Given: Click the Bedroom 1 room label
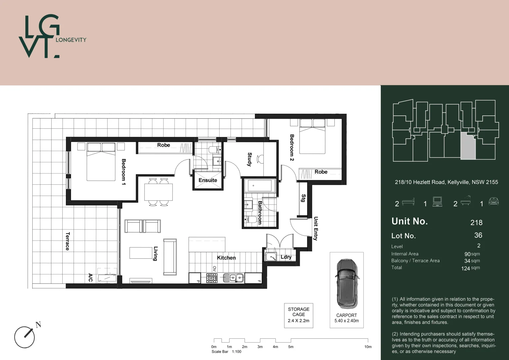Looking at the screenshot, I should click(x=124, y=172).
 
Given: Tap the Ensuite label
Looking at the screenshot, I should click(x=208, y=180).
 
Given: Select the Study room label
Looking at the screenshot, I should click(x=250, y=159).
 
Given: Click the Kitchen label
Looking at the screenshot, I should click(x=226, y=258).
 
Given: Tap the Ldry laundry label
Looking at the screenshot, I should click(x=286, y=257).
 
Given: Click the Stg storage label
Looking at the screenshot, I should click(x=303, y=198).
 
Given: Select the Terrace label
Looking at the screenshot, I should click(x=68, y=241).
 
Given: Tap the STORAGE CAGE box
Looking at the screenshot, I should click(x=298, y=315).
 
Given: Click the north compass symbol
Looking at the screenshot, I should click(x=25, y=337).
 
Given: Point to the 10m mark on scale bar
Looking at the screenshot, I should click(x=368, y=347).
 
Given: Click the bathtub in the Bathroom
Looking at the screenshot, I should click(x=260, y=186).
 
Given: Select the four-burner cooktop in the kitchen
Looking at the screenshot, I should click(x=212, y=278).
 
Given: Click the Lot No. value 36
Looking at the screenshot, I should click(x=478, y=235).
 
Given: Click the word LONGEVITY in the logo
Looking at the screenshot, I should click(x=71, y=40).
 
